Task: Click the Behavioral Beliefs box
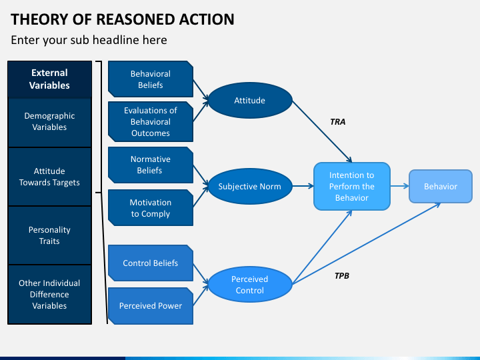coord(151,79)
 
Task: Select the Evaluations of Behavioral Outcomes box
coord(151,121)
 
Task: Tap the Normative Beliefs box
coord(151,165)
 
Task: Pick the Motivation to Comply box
coord(151,208)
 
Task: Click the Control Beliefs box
coord(151,263)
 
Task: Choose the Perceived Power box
coord(151,306)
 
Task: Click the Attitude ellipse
coord(250,101)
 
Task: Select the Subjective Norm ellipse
coord(250,186)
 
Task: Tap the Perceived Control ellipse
coord(250,285)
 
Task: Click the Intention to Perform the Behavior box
coord(352,186)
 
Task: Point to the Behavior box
coord(441,186)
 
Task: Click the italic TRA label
coord(337,122)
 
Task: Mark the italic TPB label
coord(341,276)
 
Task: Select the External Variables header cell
coord(49,79)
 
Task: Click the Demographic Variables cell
coord(49,122)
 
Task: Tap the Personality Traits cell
coord(49,235)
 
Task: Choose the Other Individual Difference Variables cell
coord(49,294)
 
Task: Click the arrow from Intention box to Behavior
coord(399,186)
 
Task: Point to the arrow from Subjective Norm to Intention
coord(303,186)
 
